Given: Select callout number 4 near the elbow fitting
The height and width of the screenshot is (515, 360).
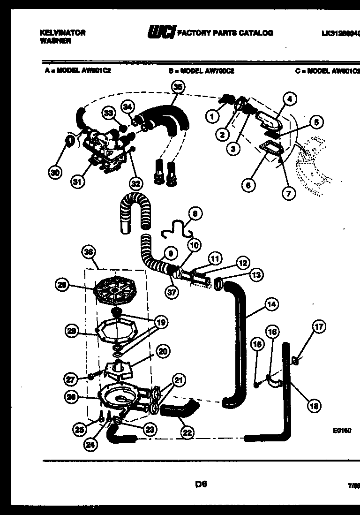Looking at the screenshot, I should pyautogui.click(x=289, y=99).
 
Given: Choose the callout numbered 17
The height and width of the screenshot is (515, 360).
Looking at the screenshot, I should pyautogui.click(x=319, y=327).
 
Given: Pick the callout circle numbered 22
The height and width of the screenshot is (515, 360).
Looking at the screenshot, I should pyautogui.click(x=187, y=433).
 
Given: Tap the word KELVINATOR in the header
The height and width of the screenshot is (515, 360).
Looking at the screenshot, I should pyautogui.click(x=61, y=33).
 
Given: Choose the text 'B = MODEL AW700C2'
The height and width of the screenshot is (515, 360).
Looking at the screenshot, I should pyautogui.click(x=202, y=71).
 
